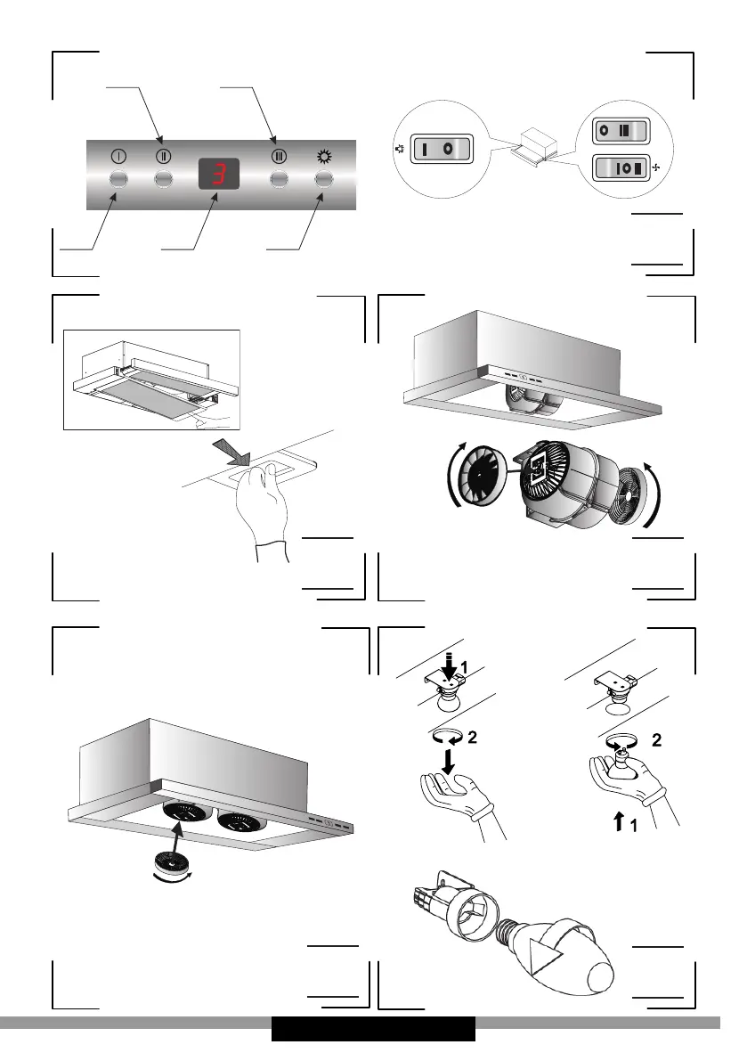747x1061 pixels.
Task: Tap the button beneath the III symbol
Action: coord(279,179)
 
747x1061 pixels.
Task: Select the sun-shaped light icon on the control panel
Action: coord(323,155)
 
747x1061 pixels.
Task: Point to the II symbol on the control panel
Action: coord(163,155)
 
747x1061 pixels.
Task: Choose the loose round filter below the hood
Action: coord(173,862)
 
